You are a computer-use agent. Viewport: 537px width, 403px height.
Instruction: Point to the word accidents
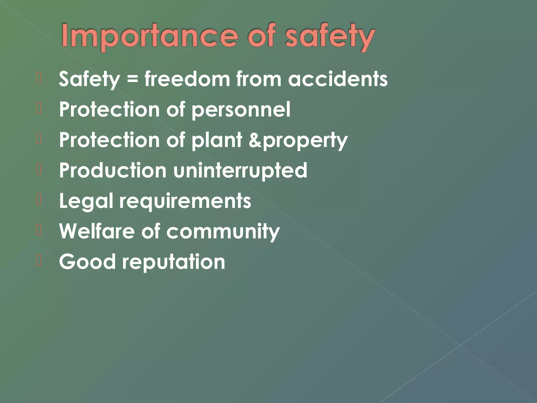(x=338, y=79)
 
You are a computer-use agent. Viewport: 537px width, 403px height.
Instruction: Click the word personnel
(x=241, y=110)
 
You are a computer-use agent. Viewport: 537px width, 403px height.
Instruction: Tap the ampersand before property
(x=255, y=140)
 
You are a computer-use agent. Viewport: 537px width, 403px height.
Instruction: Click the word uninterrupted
(x=240, y=170)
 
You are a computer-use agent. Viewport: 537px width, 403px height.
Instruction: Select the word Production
(x=113, y=170)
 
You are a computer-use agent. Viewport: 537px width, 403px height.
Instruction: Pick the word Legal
(x=86, y=201)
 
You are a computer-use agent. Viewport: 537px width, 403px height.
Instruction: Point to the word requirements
(x=185, y=201)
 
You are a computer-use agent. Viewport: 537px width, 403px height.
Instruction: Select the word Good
(x=87, y=262)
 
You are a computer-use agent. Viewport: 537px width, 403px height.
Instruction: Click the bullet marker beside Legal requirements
(x=39, y=200)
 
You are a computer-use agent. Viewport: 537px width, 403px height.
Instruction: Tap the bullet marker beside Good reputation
(x=39, y=261)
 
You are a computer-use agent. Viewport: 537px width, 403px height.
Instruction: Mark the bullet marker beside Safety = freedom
(x=39, y=78)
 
